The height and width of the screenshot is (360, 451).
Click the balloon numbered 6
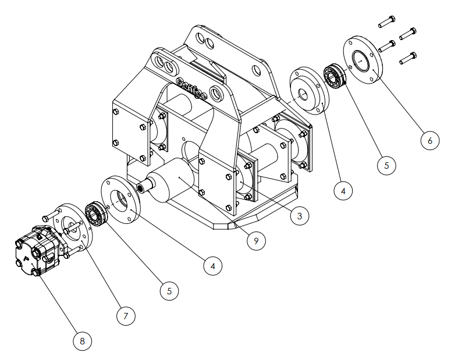[x=429, y=140]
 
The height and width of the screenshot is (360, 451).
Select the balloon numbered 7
[x=125, y=316]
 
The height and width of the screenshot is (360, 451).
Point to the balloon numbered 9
[x=255, y=240]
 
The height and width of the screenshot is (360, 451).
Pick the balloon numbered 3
[x=299, y=216]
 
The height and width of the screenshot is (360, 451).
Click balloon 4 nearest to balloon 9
[x=213, y=266]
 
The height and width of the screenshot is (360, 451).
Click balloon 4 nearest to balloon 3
[x=343, y=190]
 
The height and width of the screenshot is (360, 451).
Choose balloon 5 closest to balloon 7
[x=169, y=290]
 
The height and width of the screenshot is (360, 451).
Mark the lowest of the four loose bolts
[x=409, y=58]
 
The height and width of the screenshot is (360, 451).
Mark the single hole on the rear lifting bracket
[x=257, y=70]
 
